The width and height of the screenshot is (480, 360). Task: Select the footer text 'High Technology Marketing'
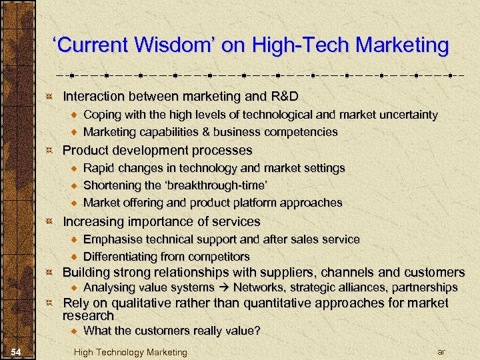tap(131, 352)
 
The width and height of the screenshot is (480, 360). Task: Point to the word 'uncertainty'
tap(406, 115)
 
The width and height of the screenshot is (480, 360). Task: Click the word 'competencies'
tap(303, 132)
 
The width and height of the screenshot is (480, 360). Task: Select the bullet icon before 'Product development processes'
tap(49, 150)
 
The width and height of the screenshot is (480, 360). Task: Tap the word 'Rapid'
tap(99, 168)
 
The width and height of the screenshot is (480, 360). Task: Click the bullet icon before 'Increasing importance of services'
tap(49, 221)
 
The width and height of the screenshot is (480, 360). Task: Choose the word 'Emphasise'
tap(110, 239)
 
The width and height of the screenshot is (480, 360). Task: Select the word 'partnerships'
tap(425, 288)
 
